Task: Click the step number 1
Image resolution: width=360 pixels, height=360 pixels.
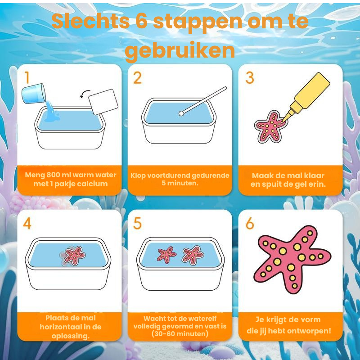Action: click(x=27, y=78)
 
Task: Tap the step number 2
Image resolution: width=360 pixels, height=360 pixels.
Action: click(x=137, y=78)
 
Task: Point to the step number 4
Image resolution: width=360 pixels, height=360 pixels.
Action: click(x=27, y=223)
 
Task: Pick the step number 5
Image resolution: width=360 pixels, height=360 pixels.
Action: click(x=137, y=223)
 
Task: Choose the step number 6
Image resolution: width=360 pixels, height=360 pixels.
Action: click(x=250, y=223)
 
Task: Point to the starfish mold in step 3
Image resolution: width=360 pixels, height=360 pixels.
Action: click(x=268, y=126)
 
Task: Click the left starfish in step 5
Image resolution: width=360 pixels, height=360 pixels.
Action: click(x=166, y=255)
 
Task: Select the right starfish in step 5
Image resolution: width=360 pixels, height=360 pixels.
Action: click(x=193, y=255)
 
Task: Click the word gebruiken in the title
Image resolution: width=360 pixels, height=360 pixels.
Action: click(x=180, y=51)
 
